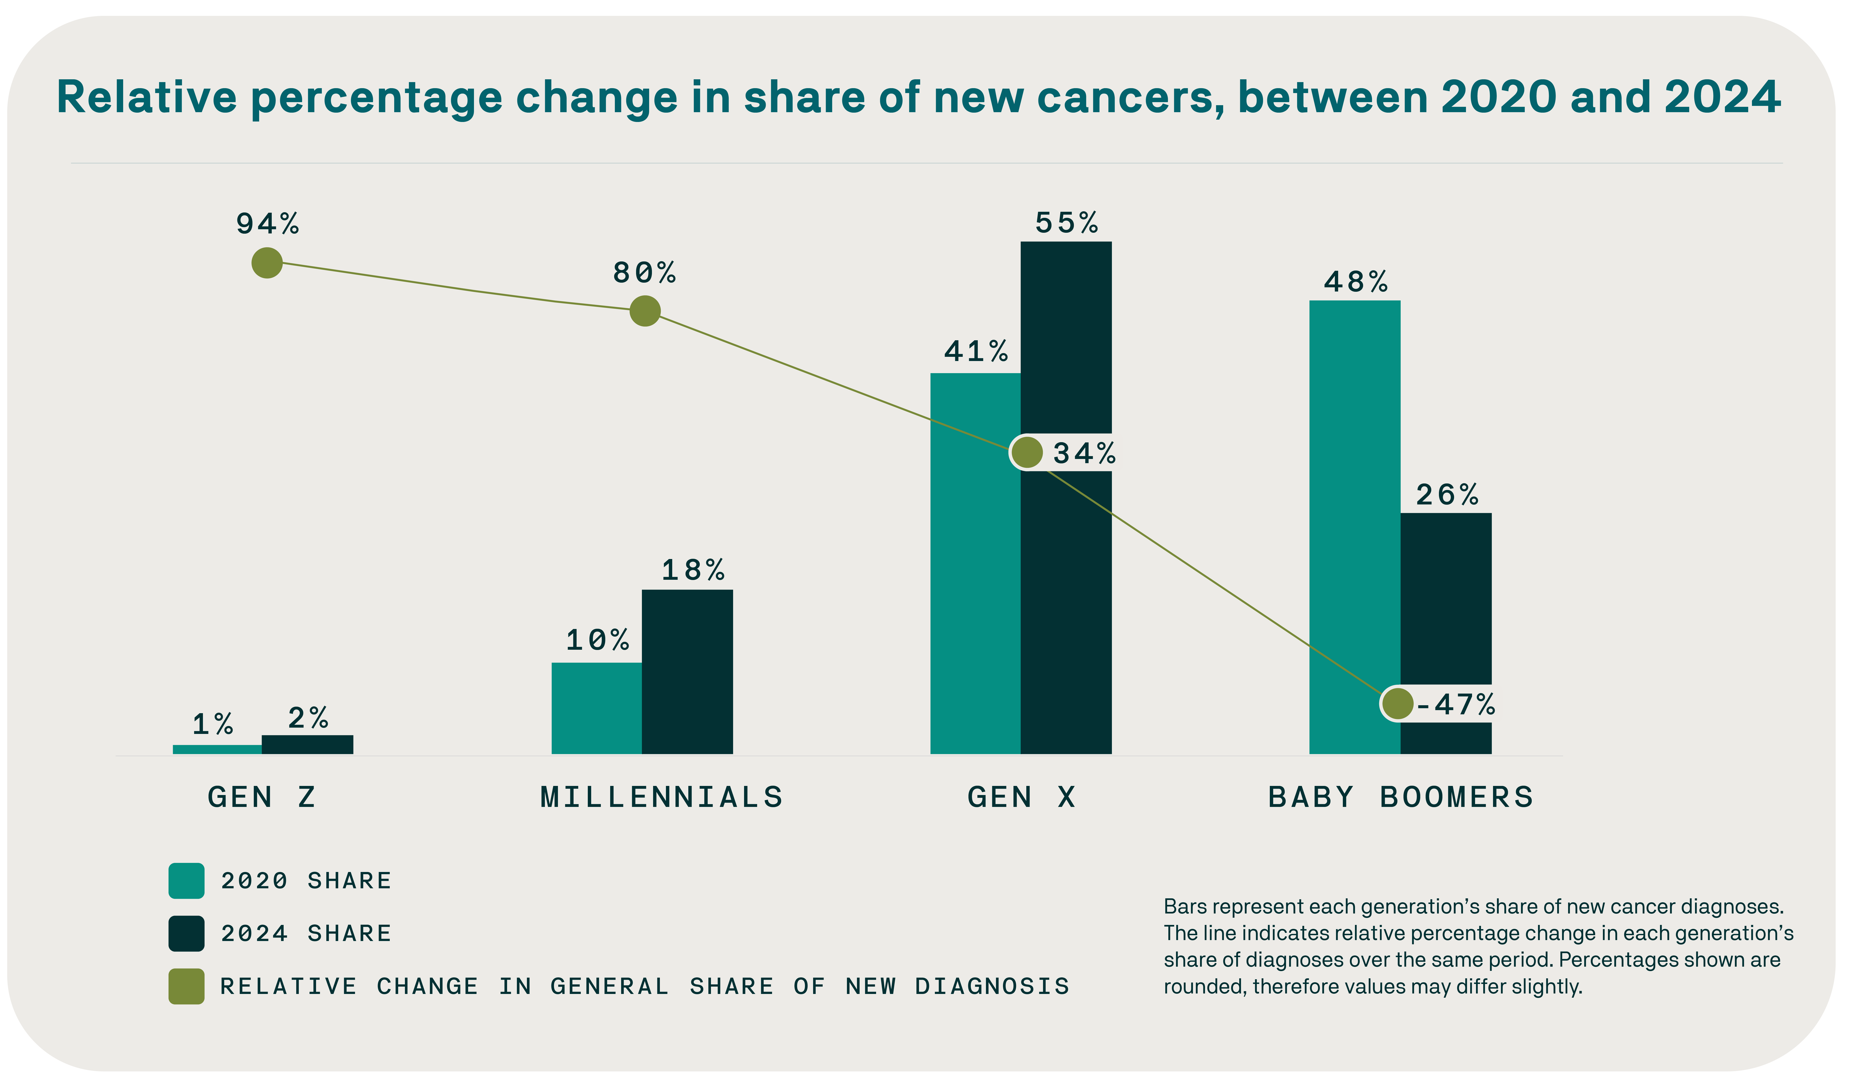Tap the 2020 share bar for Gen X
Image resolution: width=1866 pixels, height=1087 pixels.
pyautogui.click(x=975, y=563)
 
